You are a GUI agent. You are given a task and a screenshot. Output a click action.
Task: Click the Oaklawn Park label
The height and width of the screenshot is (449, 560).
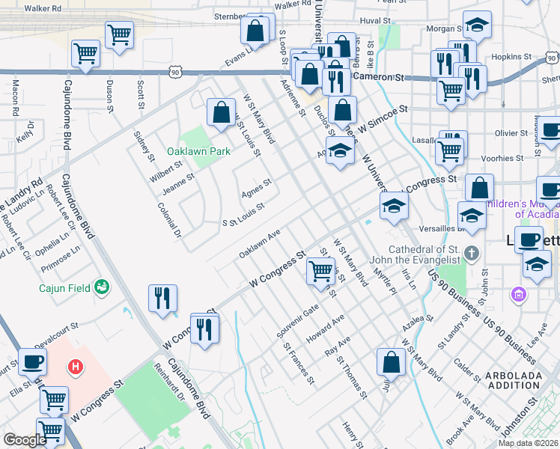tap(198, 151)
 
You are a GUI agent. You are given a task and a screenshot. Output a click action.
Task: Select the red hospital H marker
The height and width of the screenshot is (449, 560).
tap(75, 367)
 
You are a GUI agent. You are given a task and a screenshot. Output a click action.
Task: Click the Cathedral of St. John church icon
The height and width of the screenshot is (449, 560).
tap(471, 252)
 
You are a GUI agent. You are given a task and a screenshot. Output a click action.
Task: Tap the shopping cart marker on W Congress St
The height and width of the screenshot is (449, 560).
tap(321, 271)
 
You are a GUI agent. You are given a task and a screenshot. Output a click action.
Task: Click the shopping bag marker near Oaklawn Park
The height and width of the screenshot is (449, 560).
tap(222, 113)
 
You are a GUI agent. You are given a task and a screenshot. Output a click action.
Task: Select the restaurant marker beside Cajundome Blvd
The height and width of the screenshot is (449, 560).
tap(162, 299)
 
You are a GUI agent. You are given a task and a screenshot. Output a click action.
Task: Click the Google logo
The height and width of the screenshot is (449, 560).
tap(25, 440)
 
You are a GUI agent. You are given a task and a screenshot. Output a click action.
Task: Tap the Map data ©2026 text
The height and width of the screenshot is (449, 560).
tap(528, 443)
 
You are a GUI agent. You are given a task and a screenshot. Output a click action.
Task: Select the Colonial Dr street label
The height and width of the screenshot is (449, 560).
tap(171, 220)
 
